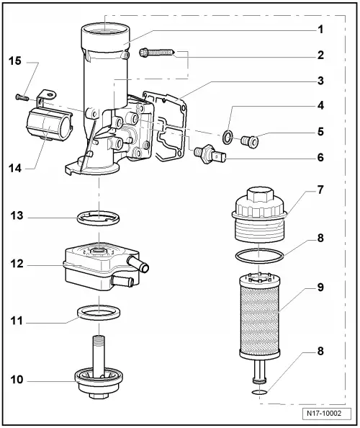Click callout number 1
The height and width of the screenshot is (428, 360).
[x=319, y=30]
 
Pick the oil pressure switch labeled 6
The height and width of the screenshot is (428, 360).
[x=209, y=153]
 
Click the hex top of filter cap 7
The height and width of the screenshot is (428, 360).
[x=260, y=195]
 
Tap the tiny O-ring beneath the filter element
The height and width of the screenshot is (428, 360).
[x=260, y=393]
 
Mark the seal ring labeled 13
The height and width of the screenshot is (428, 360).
[x=99, y=217]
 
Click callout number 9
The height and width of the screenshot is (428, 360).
[x=319, y=287]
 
